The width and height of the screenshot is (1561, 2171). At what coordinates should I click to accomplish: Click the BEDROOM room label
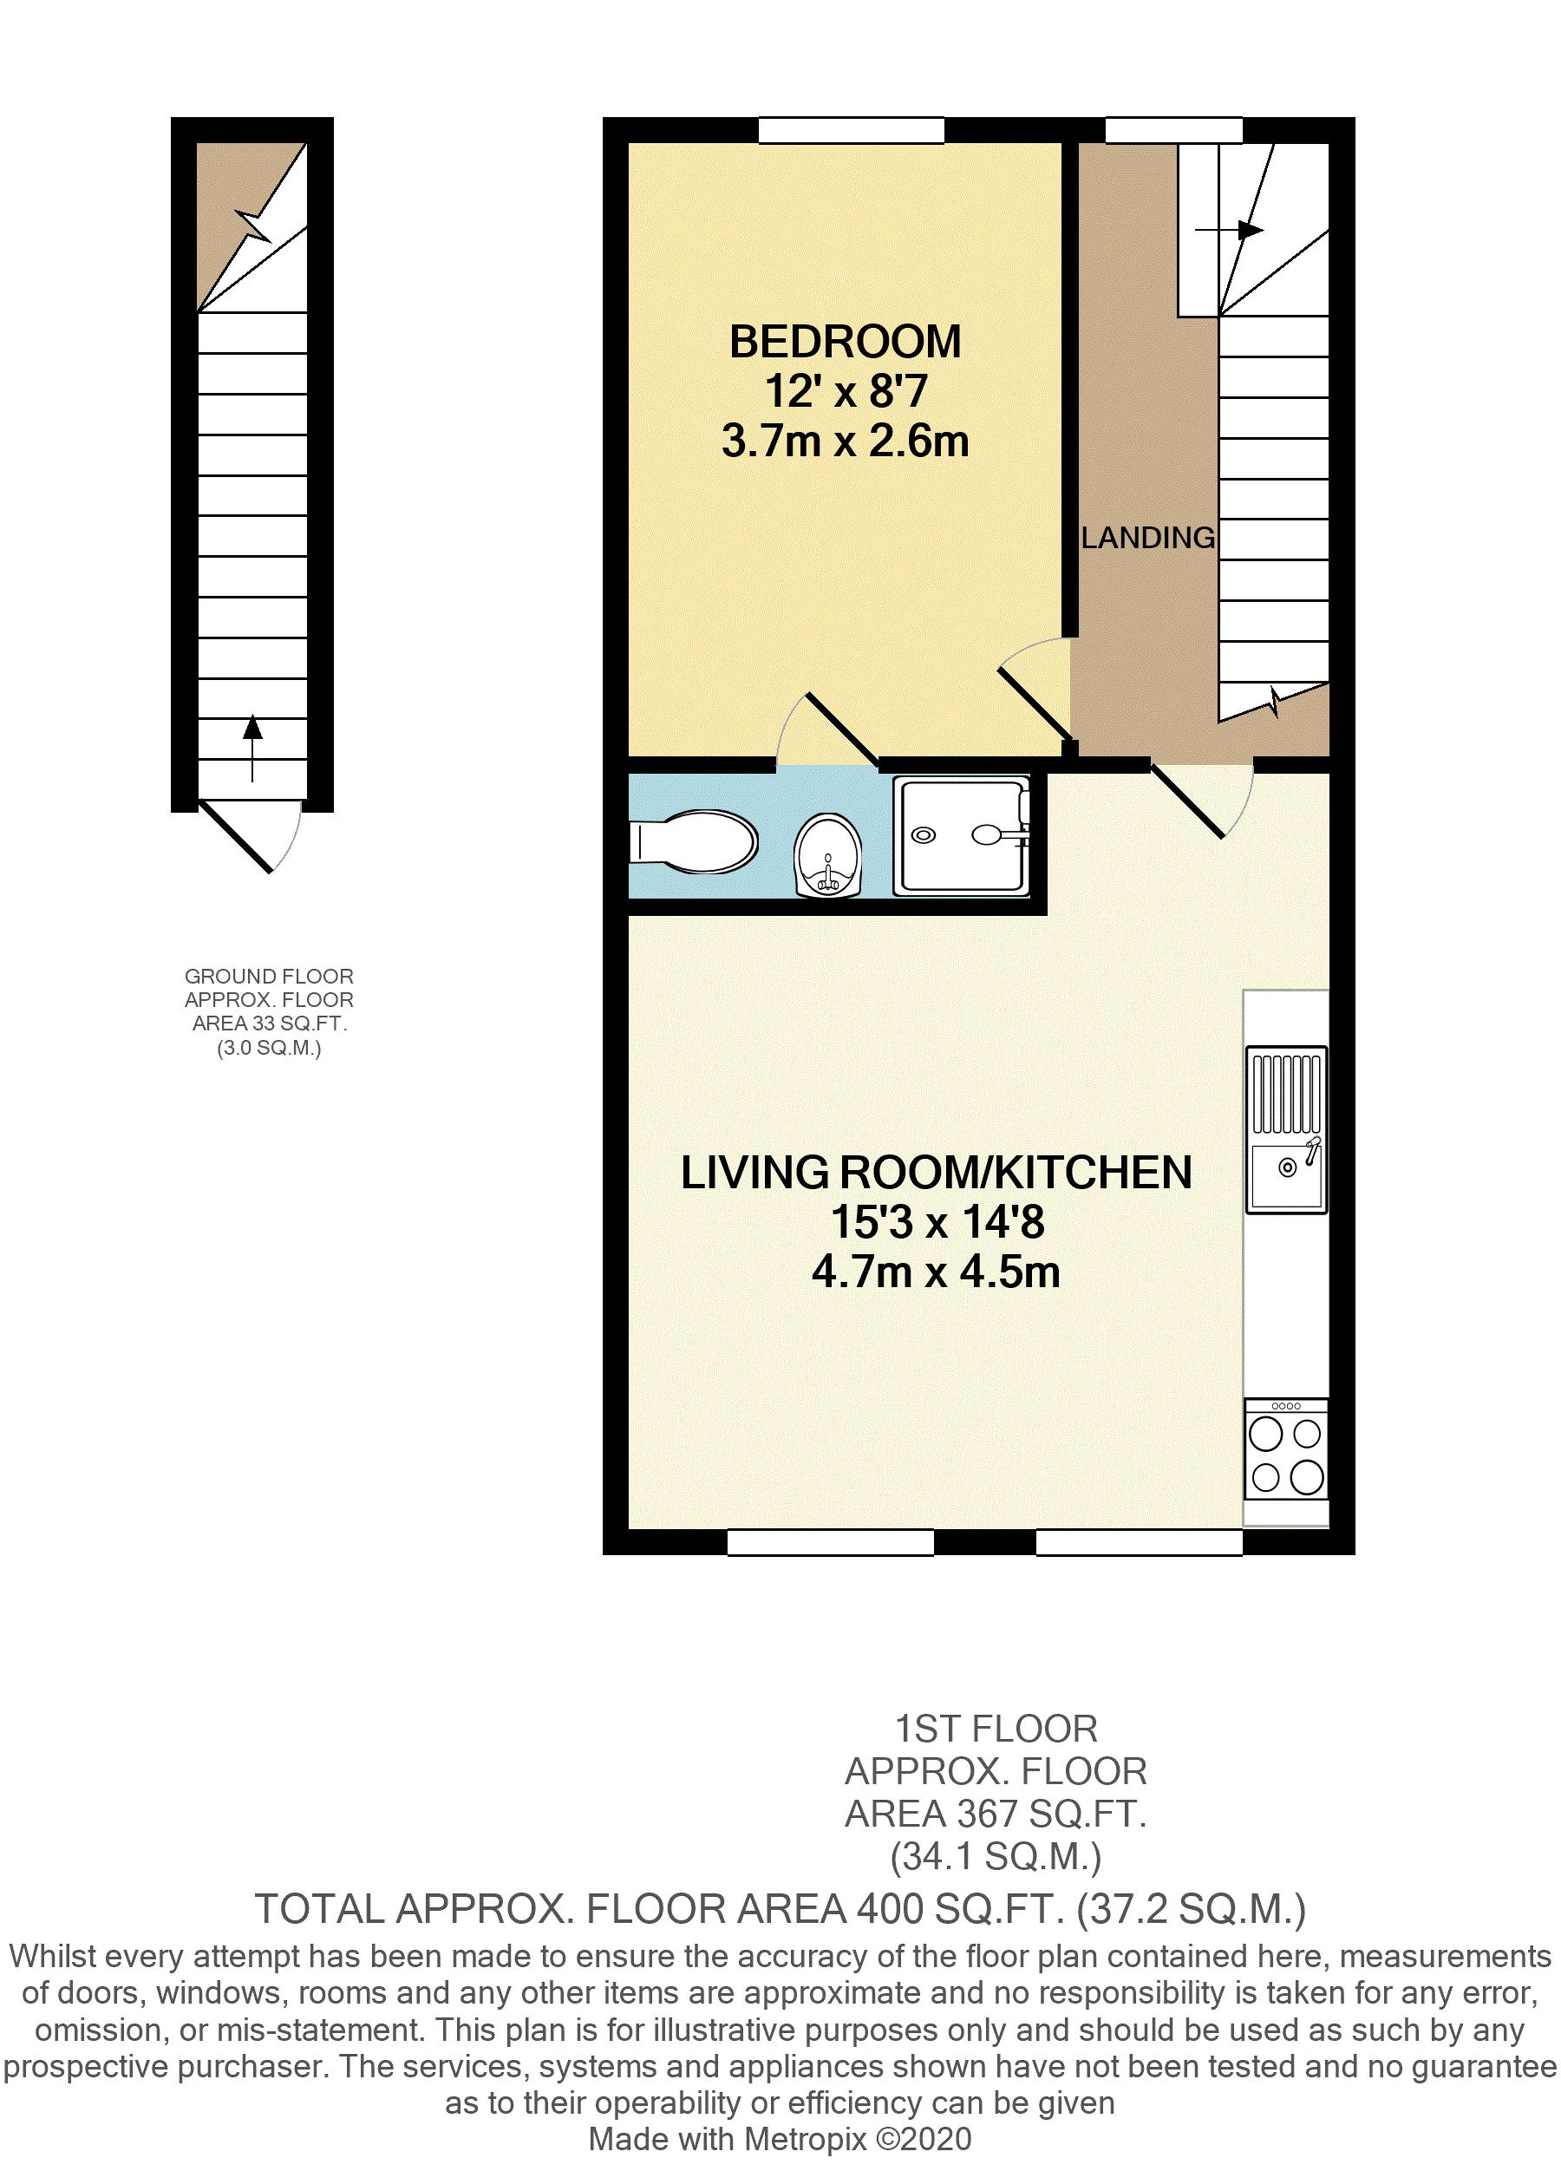point(845,342)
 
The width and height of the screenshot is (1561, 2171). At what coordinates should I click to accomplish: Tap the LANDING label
point(1147,538)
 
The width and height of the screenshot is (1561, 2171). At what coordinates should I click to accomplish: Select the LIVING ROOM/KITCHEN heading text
point(936,1173)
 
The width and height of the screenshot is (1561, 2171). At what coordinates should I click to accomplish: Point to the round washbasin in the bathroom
point(829,856)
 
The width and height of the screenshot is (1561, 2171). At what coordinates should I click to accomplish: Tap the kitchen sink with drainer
point(1286,1129)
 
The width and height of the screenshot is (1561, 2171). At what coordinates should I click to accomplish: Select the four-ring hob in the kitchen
point(1286,1448)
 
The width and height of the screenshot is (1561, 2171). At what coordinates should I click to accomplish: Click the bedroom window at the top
point(852,130)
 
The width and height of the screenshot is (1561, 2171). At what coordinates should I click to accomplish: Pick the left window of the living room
point(830,1542)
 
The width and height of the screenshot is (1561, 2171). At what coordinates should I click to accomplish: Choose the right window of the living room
point(1140,1542)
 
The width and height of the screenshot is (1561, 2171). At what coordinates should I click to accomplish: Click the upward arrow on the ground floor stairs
point(252,748)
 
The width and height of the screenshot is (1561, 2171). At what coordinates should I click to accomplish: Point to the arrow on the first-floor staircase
point(1229,231)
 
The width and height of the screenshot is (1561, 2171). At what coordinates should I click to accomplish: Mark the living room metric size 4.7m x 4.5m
point(936,1272)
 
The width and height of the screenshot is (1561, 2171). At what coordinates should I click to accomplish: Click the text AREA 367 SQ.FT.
point(996,1814)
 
